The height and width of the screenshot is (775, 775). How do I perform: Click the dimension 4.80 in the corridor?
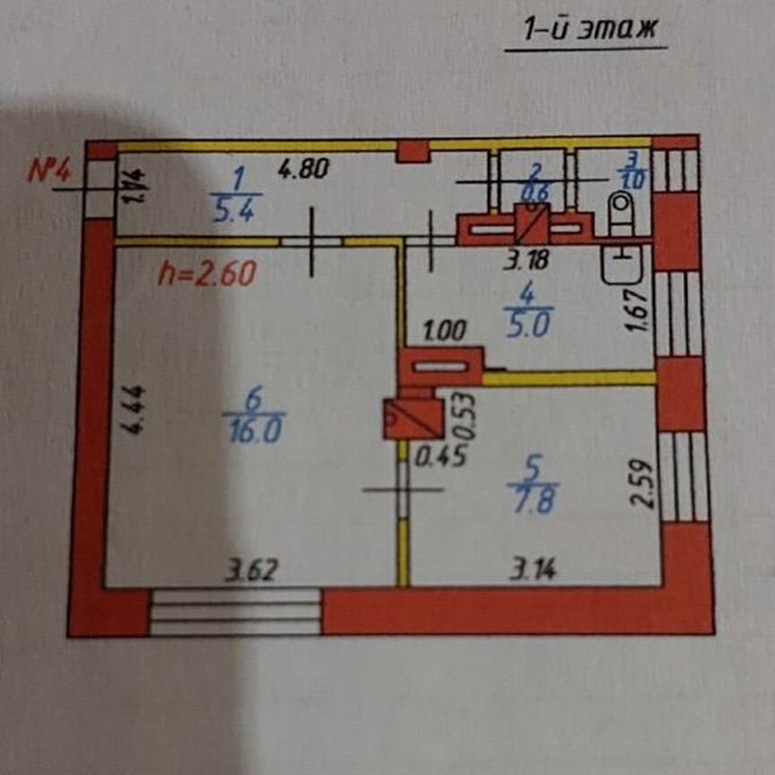coord(304,168)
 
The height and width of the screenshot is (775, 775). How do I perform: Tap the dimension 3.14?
coord(533,570)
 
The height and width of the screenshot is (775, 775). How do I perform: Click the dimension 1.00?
coord(444,331)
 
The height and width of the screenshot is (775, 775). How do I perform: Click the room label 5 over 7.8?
coord(533,483)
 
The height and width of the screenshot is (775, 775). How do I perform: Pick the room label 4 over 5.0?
coord(527,309)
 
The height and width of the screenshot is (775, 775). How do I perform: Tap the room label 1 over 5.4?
coord(237,196)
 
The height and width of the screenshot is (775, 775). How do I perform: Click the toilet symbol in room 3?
coord(621,212)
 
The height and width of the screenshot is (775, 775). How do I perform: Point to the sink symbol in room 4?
coord(623,264)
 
